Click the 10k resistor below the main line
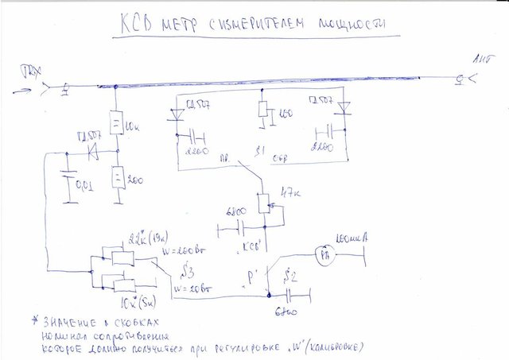tap(116, 123)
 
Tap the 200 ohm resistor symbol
tap(116, 176)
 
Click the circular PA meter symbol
tap(324, 255)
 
